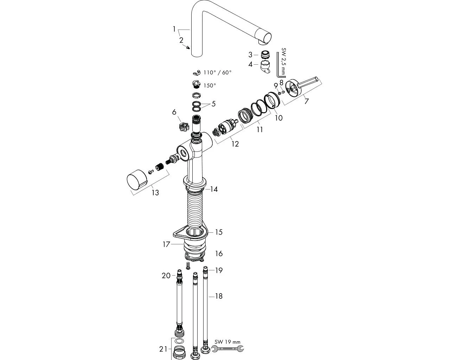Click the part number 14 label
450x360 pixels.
(214, 189)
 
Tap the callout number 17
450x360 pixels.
(166, 244)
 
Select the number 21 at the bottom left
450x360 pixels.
(163, 349)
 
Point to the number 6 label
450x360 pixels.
(174, 112)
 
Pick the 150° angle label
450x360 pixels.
(210, 85)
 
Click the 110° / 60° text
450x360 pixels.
(218, 72)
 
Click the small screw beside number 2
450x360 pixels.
(188, 47)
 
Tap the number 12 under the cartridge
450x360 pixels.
(235, 144)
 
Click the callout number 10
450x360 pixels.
(278, 117)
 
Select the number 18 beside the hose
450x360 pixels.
(219, 296)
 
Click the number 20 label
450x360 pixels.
(166, 276)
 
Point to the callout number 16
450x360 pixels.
(219, 253)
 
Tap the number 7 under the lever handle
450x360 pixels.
(307, 102)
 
